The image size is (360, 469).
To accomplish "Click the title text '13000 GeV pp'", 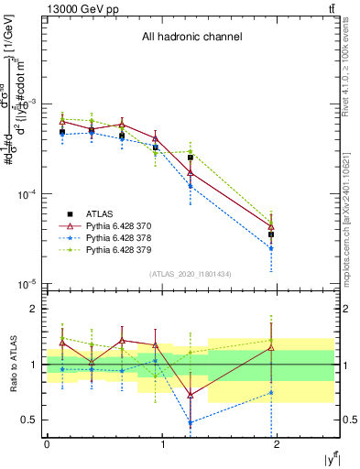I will (77, 8).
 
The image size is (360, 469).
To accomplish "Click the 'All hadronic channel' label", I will (191, 38).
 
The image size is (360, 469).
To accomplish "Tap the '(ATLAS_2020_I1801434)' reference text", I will (189, 275).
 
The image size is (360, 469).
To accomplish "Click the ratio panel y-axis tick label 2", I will (35, 310).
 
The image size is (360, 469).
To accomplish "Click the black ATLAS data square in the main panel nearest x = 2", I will (271, 234).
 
